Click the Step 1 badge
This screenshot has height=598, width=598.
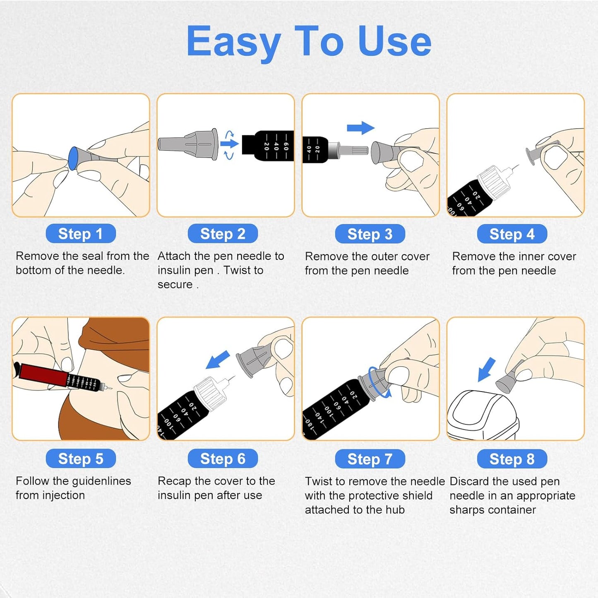[x=81, y=234]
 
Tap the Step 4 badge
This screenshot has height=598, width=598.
[x=512, y=234]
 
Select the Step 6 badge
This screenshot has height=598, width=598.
[x=223, y=459]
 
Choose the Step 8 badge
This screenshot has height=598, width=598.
[x=512, y=459]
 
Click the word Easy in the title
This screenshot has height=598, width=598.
[x=234, y=41]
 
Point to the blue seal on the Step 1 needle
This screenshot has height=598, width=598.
[x=73, y=159]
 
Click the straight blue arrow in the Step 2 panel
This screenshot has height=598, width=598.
[x=229, y=144]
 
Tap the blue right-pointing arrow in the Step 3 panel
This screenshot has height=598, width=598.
[x=360, y=128]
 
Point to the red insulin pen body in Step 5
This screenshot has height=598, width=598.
[x=43, y=373]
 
